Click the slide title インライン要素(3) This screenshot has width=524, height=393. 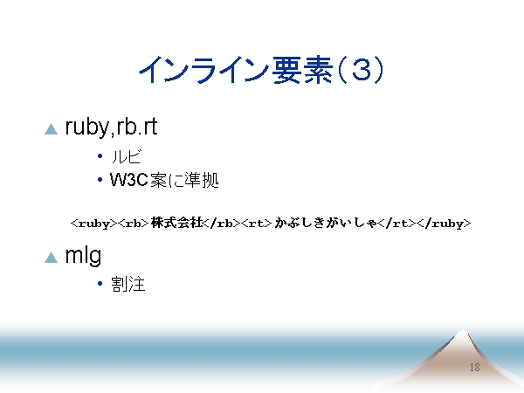(261, 70)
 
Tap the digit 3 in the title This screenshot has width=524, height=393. (362, 70)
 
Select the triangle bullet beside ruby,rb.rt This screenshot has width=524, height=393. (52, 129)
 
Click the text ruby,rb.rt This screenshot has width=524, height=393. (111, 127)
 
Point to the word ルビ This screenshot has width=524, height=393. (126, 156)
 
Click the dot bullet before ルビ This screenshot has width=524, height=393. (100, 155)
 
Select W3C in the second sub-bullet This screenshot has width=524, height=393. (129, 180)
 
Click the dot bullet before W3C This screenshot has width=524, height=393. (100, 180)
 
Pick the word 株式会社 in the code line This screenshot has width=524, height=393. (176, 223)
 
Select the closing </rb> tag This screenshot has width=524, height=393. (222, 224)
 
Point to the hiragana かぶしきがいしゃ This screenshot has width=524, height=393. (326, 223)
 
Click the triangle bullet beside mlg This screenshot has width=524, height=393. (52, 258)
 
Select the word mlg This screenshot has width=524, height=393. (83, 257)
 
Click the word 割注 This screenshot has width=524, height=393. (128, 284)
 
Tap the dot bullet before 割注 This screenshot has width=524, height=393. (100, 284)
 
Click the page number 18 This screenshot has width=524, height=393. (475, 368)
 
